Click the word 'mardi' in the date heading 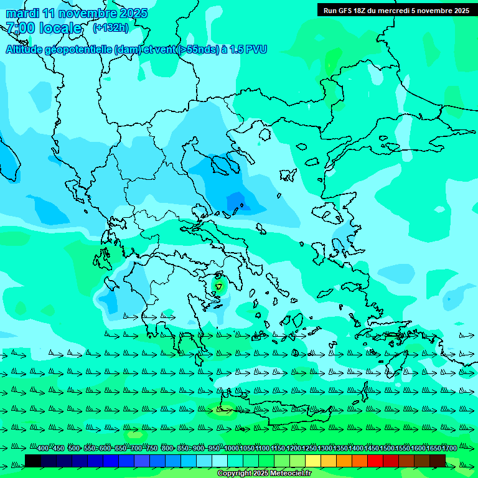[22, 13]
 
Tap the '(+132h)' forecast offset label [110, 27]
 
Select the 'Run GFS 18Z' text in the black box [344, 11]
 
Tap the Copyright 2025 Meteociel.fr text [264, 474]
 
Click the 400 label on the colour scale [43, 449]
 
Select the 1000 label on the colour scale [231, 449]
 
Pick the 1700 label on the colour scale [449, 449]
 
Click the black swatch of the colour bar [33, 461]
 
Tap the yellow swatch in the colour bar [313, 461]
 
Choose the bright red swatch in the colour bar [375, 461]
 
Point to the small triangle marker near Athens [218, 286]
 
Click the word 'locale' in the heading [60, 28]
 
